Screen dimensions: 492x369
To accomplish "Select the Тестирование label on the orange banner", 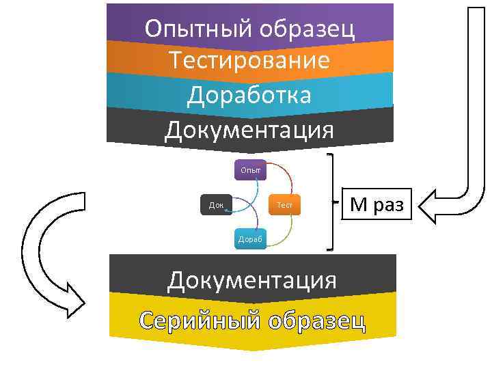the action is (250, 61).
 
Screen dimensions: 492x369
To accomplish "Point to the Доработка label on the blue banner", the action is (249, 95).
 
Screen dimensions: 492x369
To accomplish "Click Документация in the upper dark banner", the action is (249, 128).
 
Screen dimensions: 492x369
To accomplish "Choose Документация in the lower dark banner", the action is (253, 279).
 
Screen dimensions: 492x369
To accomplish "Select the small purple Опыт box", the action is (250, 169).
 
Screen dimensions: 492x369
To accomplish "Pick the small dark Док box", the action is (217, 204).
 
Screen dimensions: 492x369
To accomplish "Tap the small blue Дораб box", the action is (250, 239).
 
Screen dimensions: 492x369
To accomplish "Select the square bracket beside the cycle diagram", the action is (332, 202).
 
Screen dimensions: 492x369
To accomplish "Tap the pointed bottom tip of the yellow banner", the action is (253, 348).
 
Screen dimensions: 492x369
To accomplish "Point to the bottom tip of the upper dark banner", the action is (250, 152).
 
